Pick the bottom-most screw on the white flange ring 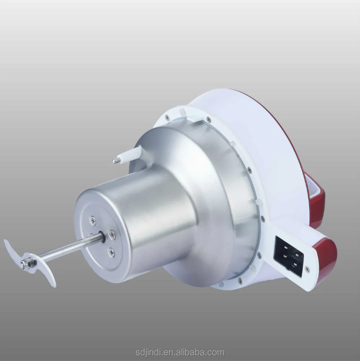pyautogui.click(x=239, y=279)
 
